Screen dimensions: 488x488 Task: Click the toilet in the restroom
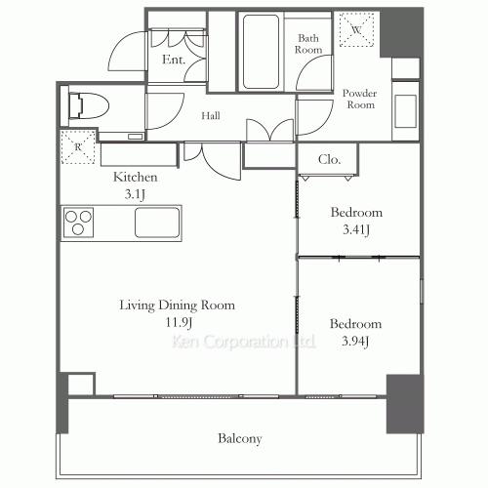pos(89,105)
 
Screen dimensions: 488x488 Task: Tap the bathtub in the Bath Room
pos(261,52)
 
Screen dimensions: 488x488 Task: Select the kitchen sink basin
pos(157,223)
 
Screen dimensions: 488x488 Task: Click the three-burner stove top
pos(78,223)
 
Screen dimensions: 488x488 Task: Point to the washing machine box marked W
pos(356,30)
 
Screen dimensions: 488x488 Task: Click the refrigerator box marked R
pos(78,147)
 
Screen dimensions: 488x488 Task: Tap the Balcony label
pos(240,438)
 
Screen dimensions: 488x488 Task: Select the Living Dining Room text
pos(177,305)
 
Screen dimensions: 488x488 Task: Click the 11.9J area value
pos(179,322)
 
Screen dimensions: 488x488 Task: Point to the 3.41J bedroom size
pos(356,229)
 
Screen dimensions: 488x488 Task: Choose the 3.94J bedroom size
pos(355,342)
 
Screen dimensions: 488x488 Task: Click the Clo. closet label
pos(329,159)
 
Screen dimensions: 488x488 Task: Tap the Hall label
pos(211,115)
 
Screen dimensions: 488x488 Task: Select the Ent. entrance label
pos(174,60)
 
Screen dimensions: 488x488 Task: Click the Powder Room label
pos(360,99)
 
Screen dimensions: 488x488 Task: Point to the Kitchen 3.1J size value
pos(135,194)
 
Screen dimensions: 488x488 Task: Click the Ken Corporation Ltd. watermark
pos(243,342)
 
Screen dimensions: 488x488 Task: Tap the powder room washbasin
pos(405,111)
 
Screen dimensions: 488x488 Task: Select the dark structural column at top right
pos(401,32)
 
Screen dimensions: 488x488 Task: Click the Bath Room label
pos(308,44)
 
